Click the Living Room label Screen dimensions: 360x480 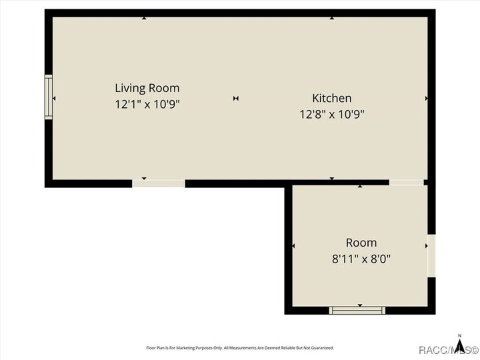pos(147,88)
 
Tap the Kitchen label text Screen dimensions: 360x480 pos(331,99)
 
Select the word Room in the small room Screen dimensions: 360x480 pos(361,243)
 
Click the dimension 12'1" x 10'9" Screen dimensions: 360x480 pos(147,104)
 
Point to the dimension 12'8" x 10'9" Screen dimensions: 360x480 pos(331,114)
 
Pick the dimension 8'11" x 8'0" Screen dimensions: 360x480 pos(361,259)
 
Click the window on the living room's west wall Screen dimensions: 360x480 pos(49,97)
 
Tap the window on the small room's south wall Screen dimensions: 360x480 pos(358,310)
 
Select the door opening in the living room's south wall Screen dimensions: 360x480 pos(158,183)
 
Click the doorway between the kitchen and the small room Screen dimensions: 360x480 pos(406,182)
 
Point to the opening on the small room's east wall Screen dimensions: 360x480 pos(431,255)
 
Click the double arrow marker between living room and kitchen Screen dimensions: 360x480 pos(236,99)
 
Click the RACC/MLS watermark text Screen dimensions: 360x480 pos(448,350)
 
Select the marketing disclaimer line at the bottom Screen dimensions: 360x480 pos(240,348)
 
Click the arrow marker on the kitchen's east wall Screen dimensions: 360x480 pos(426,99)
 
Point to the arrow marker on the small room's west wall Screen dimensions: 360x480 pos(294,247)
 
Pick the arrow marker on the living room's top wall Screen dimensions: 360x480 pos(144,18)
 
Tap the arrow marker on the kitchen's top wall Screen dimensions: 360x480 pos(331,18)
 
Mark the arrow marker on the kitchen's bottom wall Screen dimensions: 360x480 pos(331,179)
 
